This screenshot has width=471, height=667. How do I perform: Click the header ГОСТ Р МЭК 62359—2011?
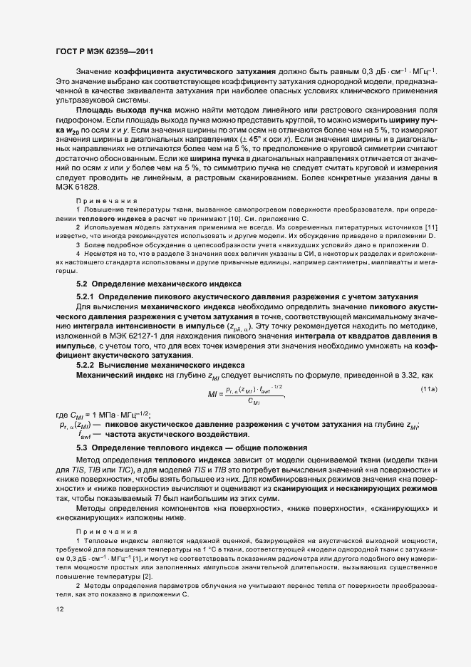103,52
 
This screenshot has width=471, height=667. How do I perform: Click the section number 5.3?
81,447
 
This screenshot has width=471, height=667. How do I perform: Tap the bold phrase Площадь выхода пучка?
120,112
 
